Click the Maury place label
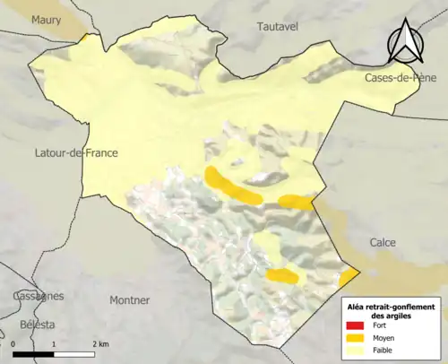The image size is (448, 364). [x=46, y=19]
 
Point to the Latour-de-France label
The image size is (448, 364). [x=77, y=152]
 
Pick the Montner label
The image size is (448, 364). [x=129, y=299]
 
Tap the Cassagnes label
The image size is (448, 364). [x=39, y=295]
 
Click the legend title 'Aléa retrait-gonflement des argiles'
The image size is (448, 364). [x=391, y=311]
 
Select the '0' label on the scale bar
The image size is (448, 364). [x=14, y=344]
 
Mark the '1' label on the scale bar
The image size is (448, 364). [x=55, y=344]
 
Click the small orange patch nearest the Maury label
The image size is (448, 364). [x=83, y=39]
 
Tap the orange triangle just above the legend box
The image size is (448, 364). [x=349, y=274]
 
